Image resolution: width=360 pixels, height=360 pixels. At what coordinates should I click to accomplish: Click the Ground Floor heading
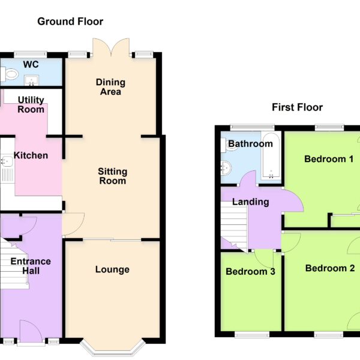[x=70, y=22]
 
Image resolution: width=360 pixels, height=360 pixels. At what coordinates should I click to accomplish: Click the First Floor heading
[x=298, y=107]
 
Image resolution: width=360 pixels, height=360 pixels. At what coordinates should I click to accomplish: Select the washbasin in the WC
[x=32, y=80]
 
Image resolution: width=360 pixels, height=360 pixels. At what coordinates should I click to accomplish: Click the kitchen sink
[x=7, y=161]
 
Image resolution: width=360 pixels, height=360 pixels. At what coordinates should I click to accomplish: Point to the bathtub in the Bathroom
[x=271, y=156]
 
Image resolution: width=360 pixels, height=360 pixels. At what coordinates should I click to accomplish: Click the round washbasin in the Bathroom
[x=226, y=168]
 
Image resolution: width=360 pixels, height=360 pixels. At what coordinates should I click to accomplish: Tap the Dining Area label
[x=110, y=87]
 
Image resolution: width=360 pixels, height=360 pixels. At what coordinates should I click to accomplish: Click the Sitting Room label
[x=113, y=176]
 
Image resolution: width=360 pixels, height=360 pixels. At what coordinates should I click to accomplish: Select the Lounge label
[x=112, y=269]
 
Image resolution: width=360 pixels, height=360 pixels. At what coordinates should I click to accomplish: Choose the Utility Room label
[x=31, y=104]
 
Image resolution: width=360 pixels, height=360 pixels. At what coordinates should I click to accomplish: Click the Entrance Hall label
[x=31, y=266]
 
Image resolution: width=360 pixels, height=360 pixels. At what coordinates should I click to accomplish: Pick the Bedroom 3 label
[x=250, y=271]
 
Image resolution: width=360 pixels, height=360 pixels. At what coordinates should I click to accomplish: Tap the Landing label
[x=250, y=202]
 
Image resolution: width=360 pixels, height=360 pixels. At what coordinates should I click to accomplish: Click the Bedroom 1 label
[x=329, y=159]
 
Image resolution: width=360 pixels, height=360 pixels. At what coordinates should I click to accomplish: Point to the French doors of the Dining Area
[x=111, y=47]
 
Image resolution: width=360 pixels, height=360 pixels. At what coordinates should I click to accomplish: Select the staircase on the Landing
[x=234, y=226]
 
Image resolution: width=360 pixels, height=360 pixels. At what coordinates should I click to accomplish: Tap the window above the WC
[x=31, y=55]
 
